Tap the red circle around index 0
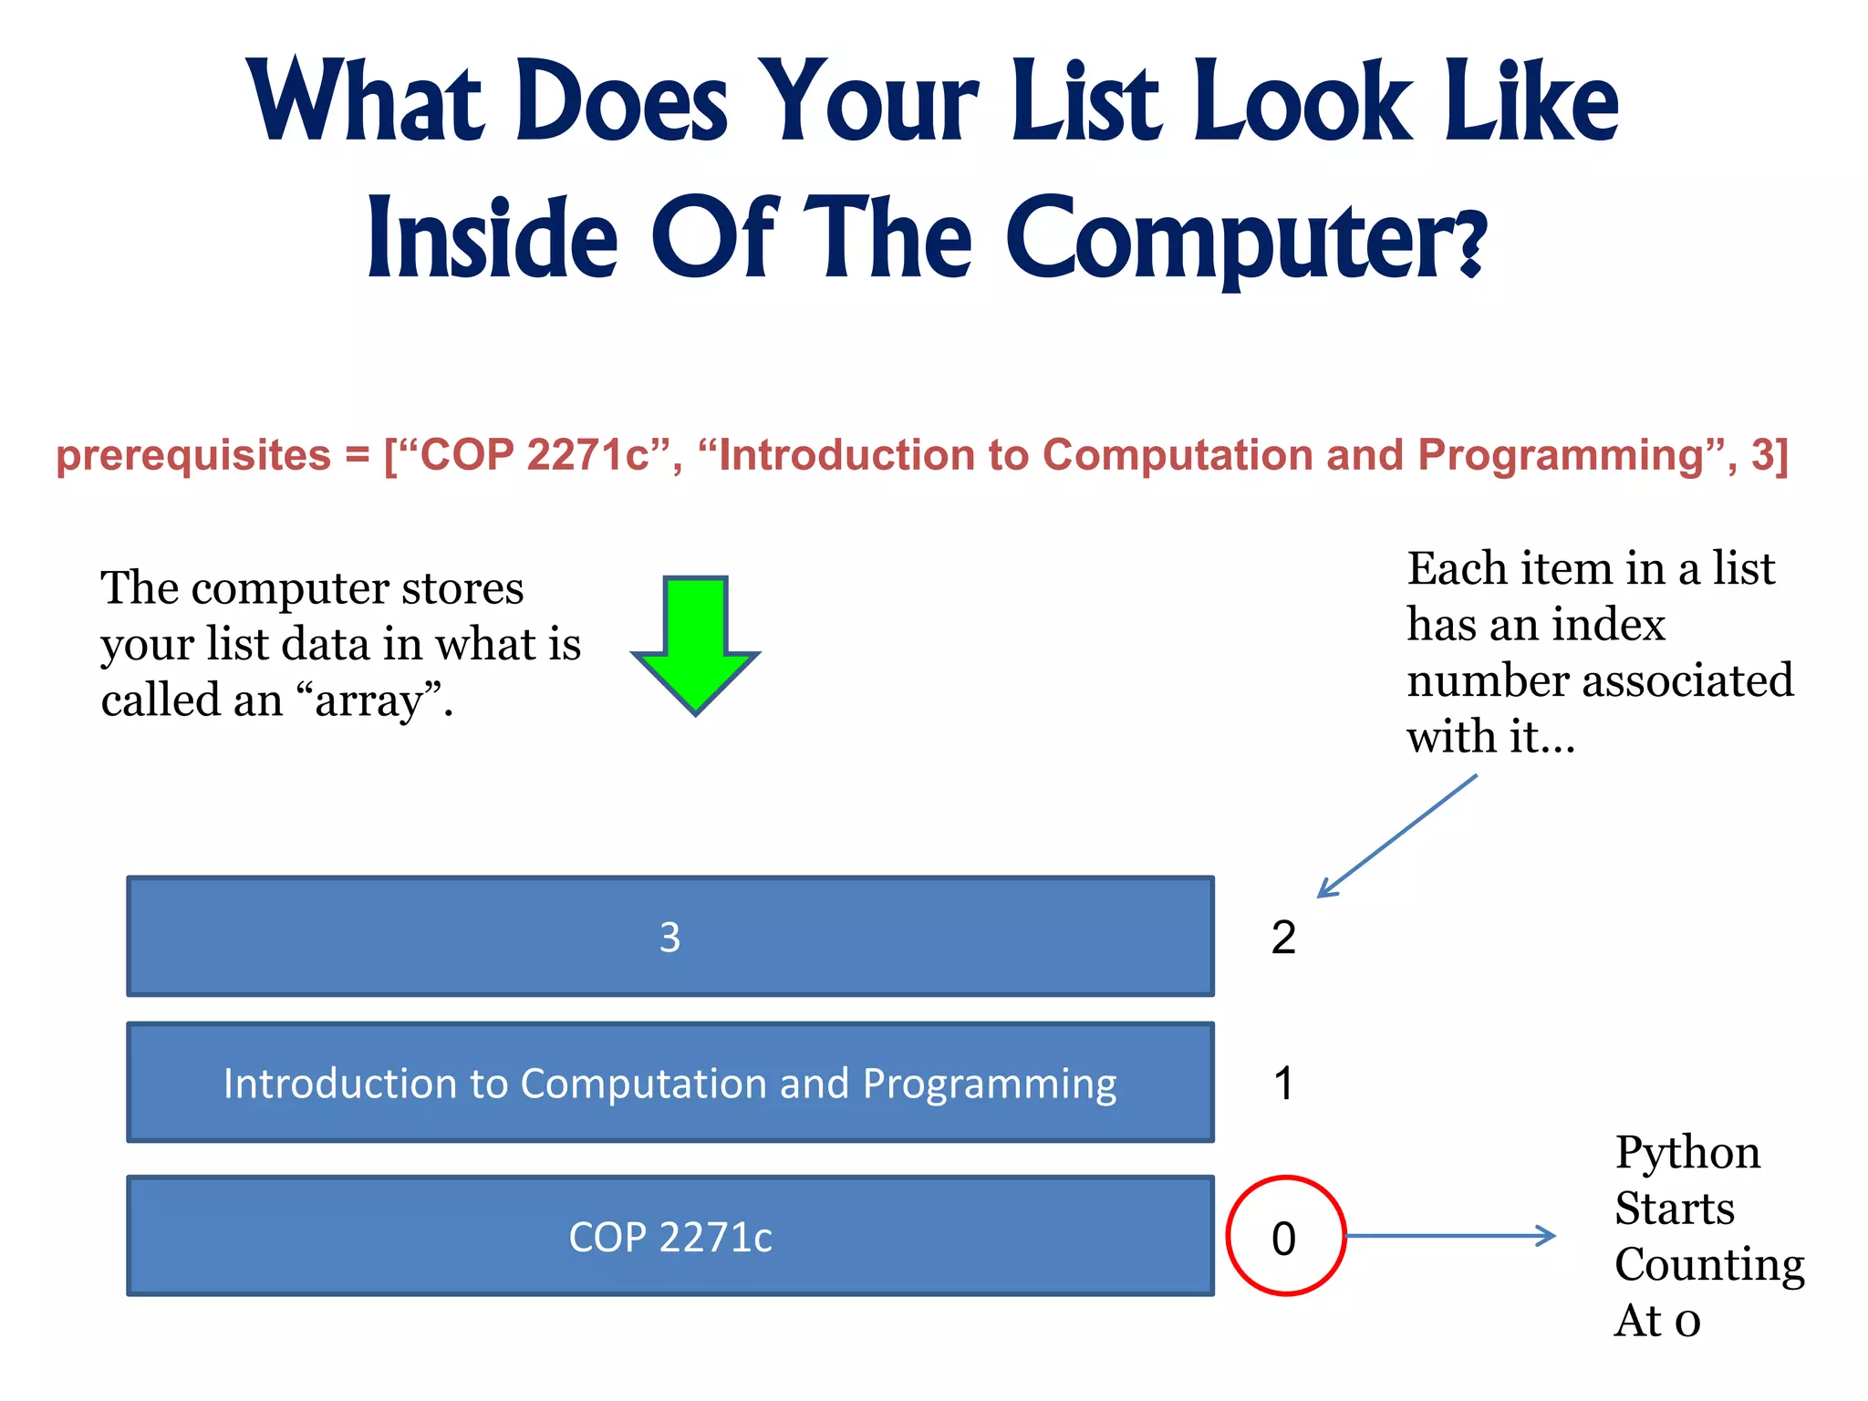[1285, 1236]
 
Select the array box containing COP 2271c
[670, 1236]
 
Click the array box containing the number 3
[670, 937]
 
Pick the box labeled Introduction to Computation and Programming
[670, 1083]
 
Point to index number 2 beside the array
[1283, 938]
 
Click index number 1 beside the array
[1283, 1084]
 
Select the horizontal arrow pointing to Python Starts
[1450, 1236]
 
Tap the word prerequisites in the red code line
[193, 455]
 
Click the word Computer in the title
[1245, 240]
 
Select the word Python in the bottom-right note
[1687, 1152]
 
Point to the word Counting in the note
[1709, 1265]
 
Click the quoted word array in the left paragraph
[374, 700]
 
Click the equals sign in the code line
[358, 455]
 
